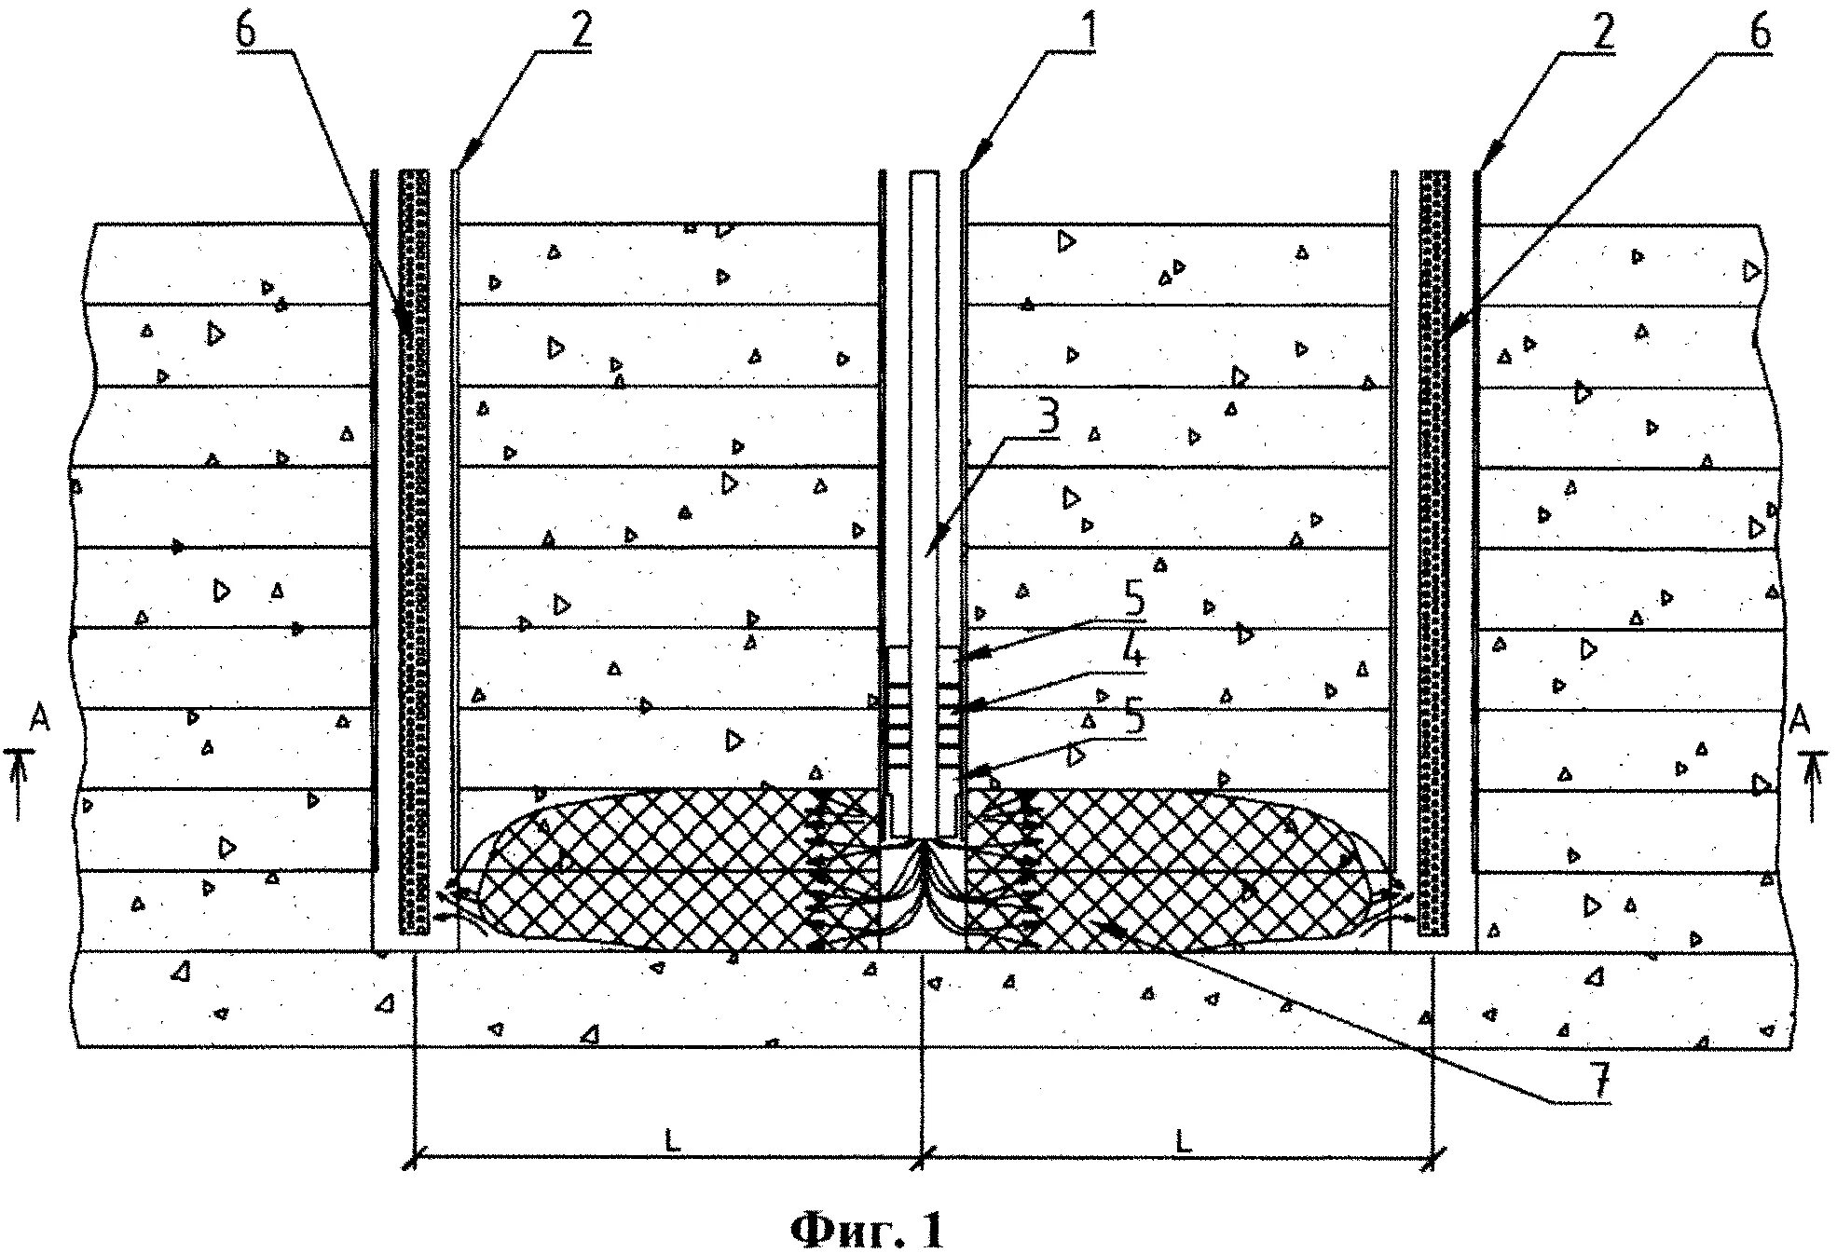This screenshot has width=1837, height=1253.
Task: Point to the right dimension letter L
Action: pyautogui.click(x=1182, y=1141)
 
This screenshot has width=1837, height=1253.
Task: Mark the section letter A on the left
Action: pyautogui.click(x=39, y=719)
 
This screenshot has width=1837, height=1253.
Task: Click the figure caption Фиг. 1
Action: pyautogui.click(x=867, y=1231)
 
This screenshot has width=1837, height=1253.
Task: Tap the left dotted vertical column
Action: pyautogui.click(x=415, y=550)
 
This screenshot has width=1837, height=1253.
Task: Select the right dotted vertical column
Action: pyautogui.click(x=1434, y=550)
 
